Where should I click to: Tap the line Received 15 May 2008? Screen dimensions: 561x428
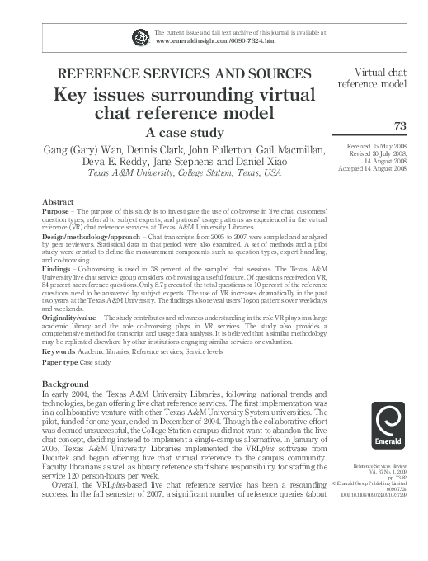pos(378,145)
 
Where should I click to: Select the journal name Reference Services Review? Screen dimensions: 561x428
pos(380,467)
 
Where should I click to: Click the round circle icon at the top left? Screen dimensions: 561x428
pos(139,35)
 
